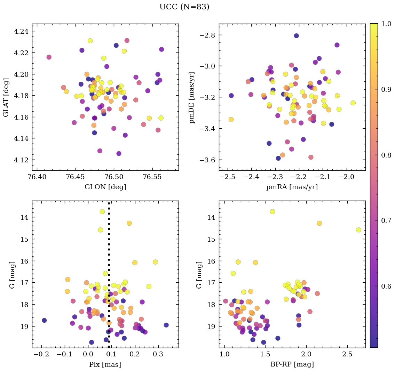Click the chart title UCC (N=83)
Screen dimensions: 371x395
[x=184, y=7]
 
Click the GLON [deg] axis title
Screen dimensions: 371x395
[x=105, y=187]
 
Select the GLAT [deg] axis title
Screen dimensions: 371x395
[x=6, y=97]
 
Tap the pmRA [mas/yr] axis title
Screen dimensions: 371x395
[x=292, y=187]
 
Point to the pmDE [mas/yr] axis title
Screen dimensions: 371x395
[x=191, y=97]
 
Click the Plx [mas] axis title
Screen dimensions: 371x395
[x=105, y=364]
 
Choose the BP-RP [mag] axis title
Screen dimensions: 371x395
[x=292, y=364]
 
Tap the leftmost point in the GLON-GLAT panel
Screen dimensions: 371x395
[x=49, y=57]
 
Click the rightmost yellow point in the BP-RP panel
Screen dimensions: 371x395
[x=358, y=230]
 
